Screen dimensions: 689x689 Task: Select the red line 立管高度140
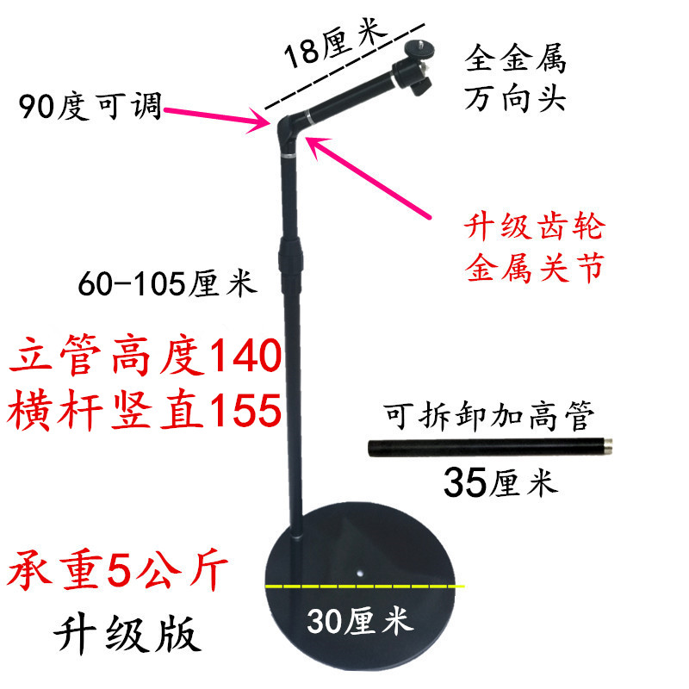click(146, 357)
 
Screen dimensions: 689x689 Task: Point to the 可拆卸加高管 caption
click(488, 419)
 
